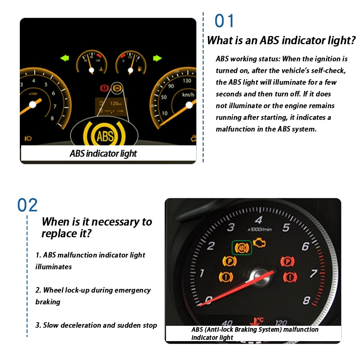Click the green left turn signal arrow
click(x=65, y=58)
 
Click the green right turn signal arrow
click(x=157, y=58)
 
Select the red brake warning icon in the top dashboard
click(x=104, y=88)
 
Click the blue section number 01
click(x=224, y=21)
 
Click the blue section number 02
click(x=27, y=205)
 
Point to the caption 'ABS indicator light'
click(x=103, y=153)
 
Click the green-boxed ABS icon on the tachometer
click(x=242, y=247)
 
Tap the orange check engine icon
click(x=260, y=243)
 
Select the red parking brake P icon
click(x=288, y=261)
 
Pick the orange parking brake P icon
click(x=229, y=261)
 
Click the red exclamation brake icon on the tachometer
click(x=290, y=277)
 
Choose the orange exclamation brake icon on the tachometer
click(x=226, y=277)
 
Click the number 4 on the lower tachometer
click(x=258, y=220)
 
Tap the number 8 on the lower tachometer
click(x=306, y=300)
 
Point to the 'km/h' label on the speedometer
click(x=188, y=94)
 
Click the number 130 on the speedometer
click(x=187, y=81)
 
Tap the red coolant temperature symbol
click(x=256, y=321)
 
